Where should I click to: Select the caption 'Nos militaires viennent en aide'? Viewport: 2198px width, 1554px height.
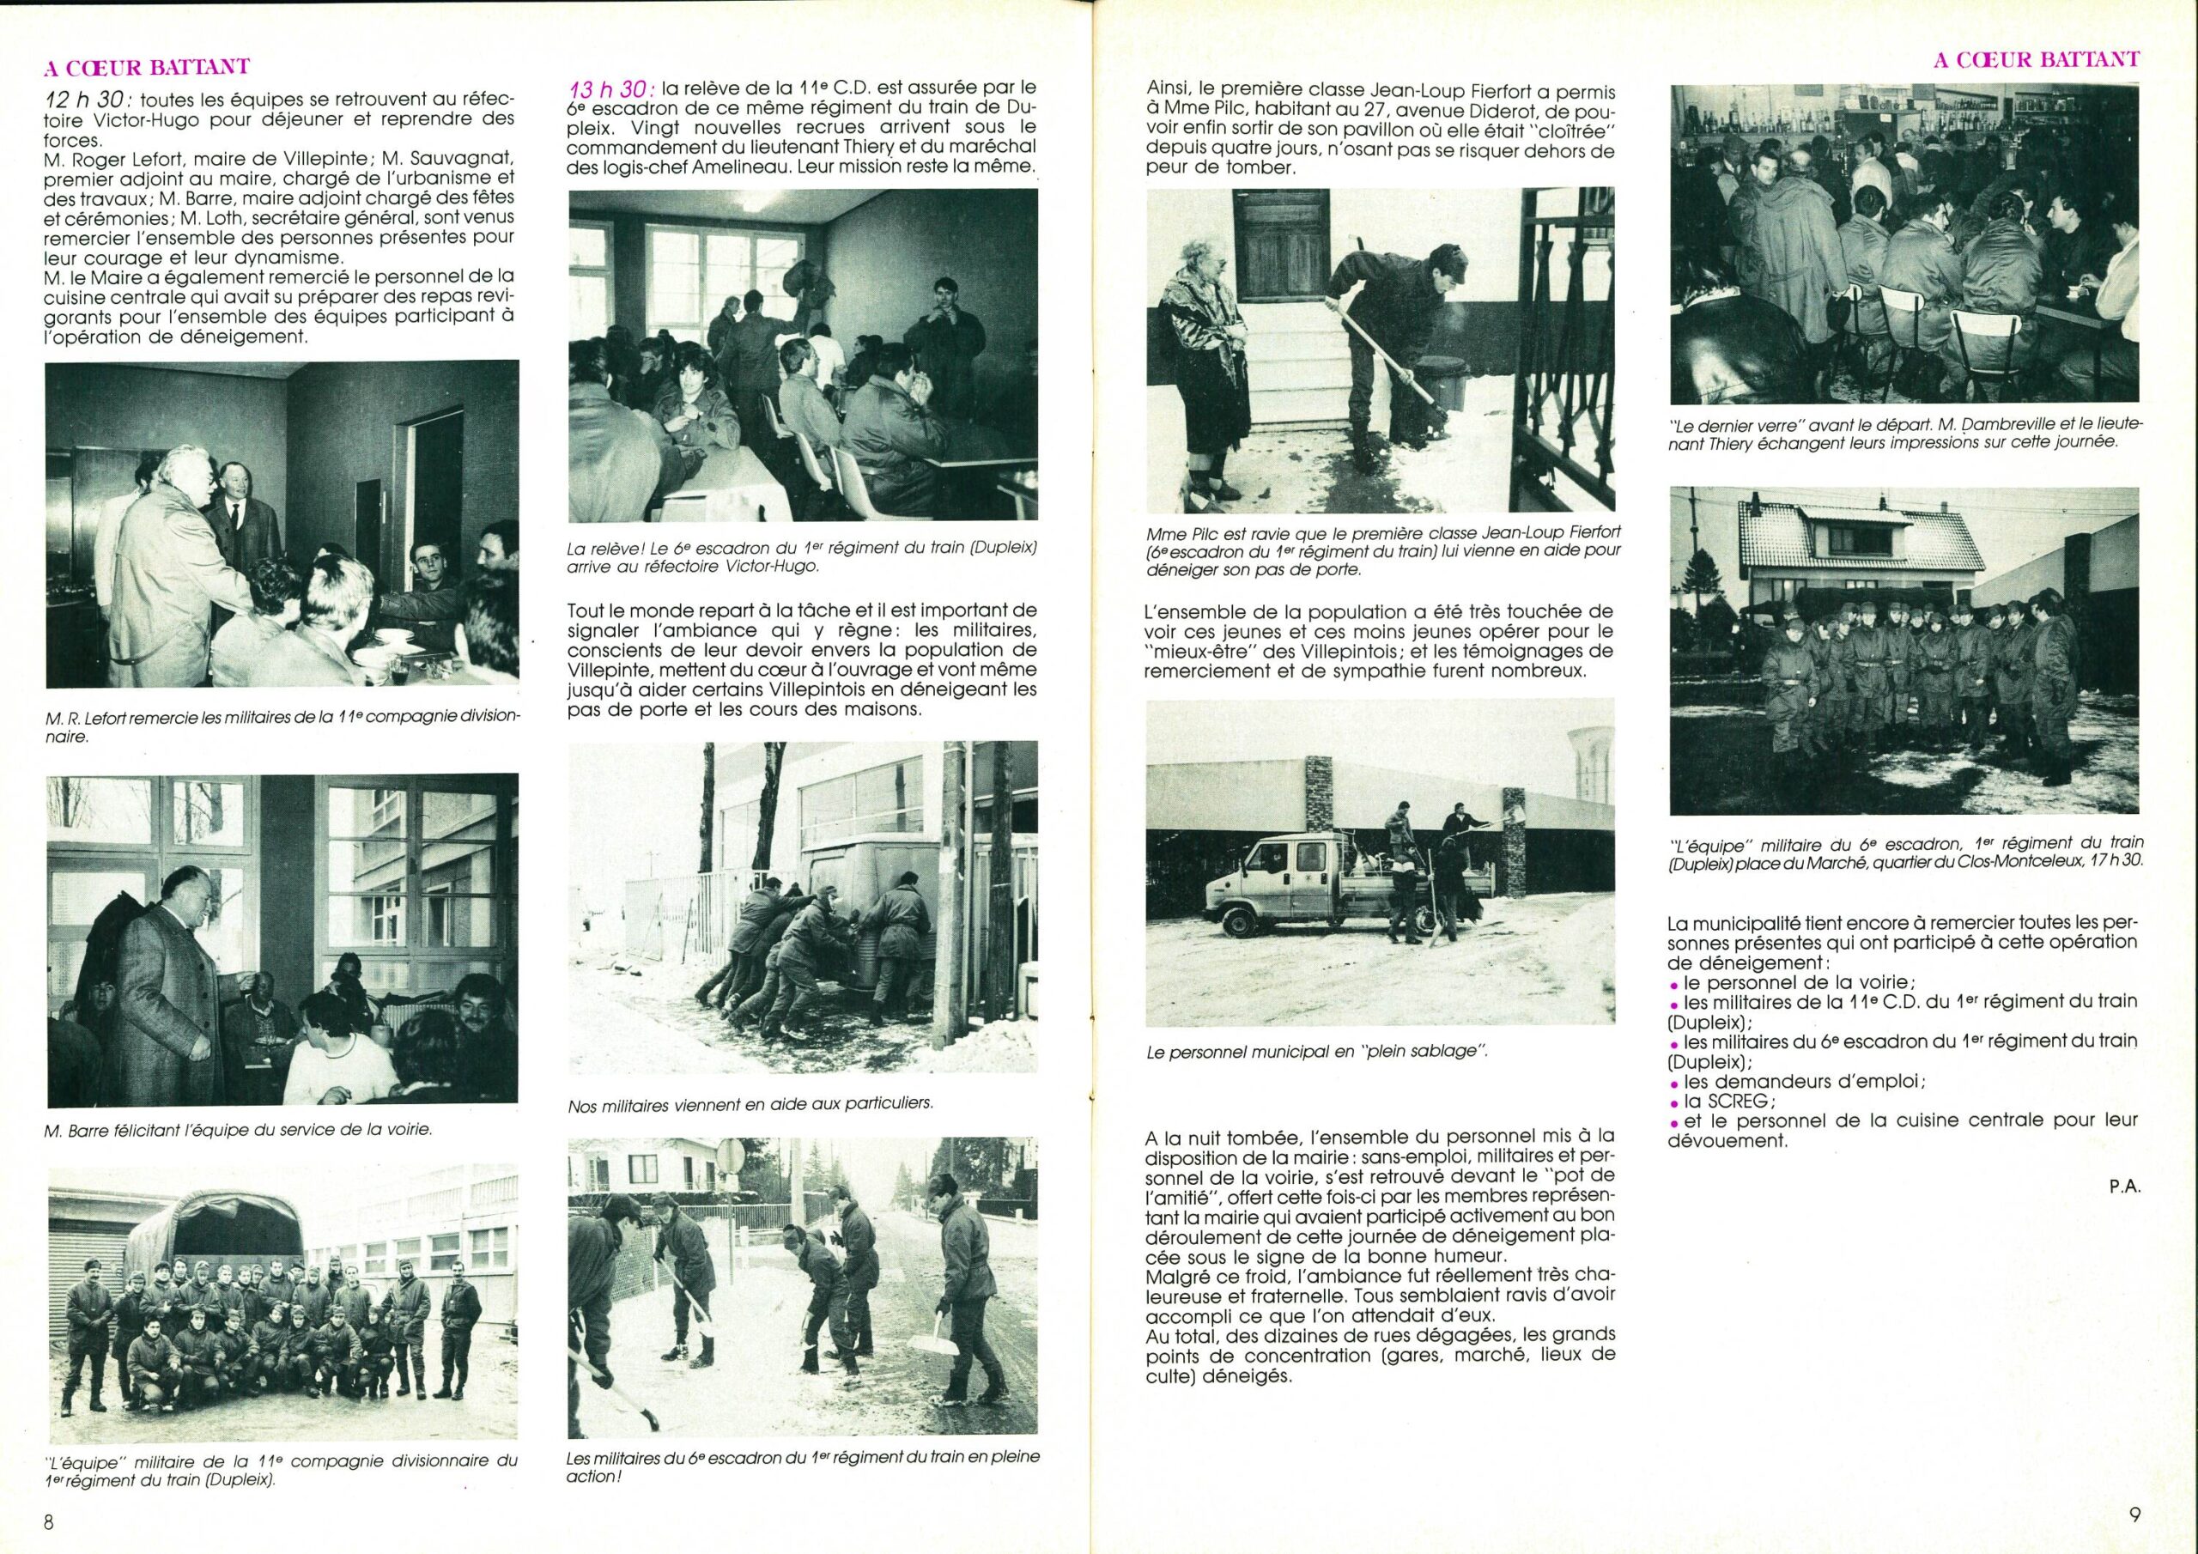coord(750,1103)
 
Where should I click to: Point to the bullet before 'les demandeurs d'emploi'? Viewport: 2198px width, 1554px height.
coord(1673,1083)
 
